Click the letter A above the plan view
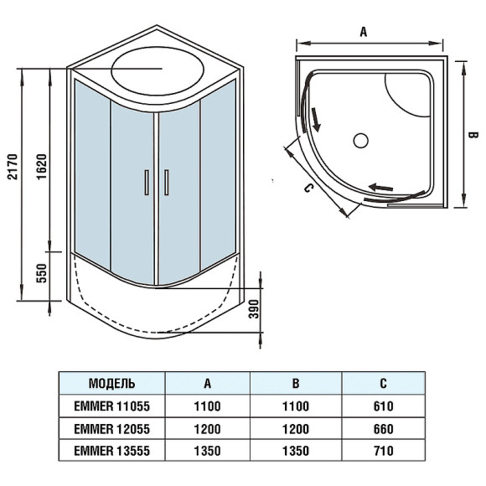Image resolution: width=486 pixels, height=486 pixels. [364, 33]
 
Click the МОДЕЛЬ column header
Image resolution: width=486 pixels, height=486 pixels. [111, 384]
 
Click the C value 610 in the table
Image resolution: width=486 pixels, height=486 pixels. [383, 406]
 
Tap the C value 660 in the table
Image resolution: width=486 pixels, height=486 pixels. [383, 428]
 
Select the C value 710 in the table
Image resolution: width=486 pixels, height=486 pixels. [383, 450]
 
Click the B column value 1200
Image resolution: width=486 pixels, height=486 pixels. [296, 428]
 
